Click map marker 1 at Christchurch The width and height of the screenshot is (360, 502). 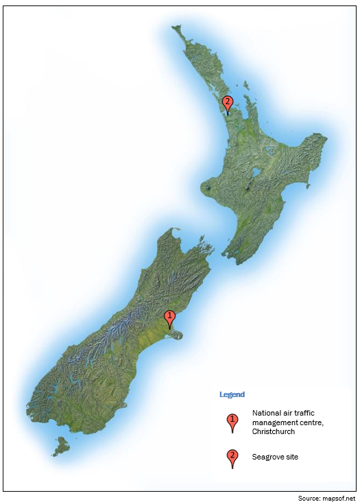click(x=170, y=318)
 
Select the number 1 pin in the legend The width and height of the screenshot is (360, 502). click(x=232, y=420)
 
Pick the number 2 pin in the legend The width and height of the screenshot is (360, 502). click(x=232, y=456)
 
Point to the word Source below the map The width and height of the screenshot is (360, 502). click(x=309, y=497)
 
